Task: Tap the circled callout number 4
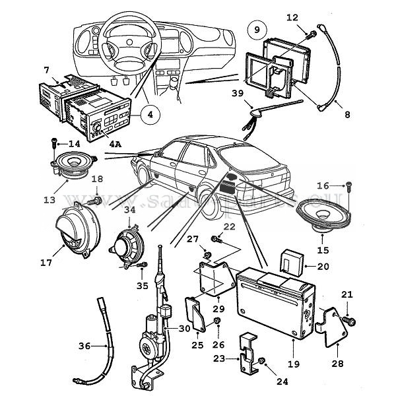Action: pos(150,114)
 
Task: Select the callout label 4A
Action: pos(115,143)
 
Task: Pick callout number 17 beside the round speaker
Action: pos(46,261)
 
